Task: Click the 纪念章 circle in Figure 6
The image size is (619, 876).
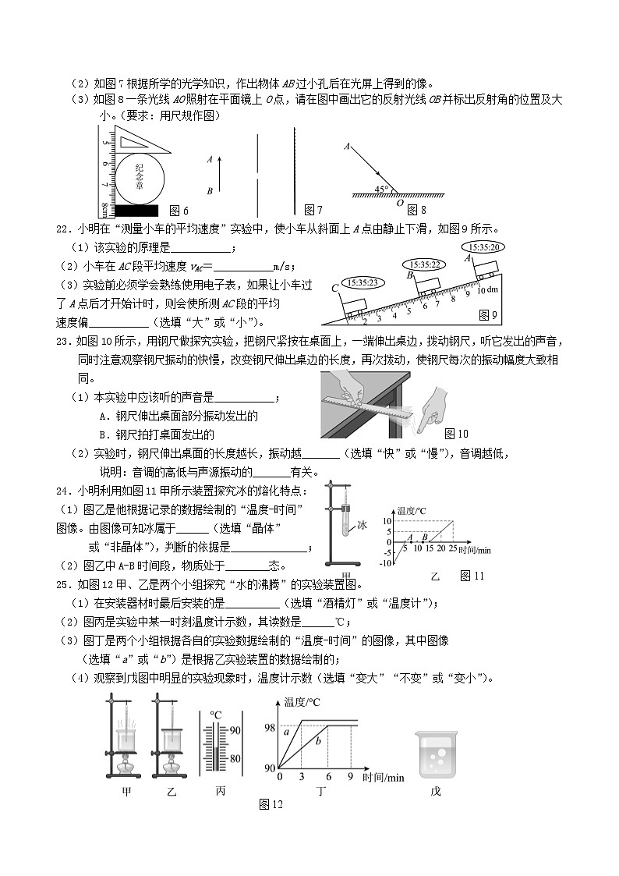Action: (141, 177)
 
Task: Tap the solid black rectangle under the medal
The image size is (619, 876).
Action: (135, 210)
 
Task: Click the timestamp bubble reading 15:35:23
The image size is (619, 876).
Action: (363, 282)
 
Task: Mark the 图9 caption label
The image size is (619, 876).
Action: (487, 314)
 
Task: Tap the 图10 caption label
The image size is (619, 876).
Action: (455, 434)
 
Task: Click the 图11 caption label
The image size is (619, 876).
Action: (472, 576)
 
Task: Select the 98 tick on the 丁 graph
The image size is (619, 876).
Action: (269, 727)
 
